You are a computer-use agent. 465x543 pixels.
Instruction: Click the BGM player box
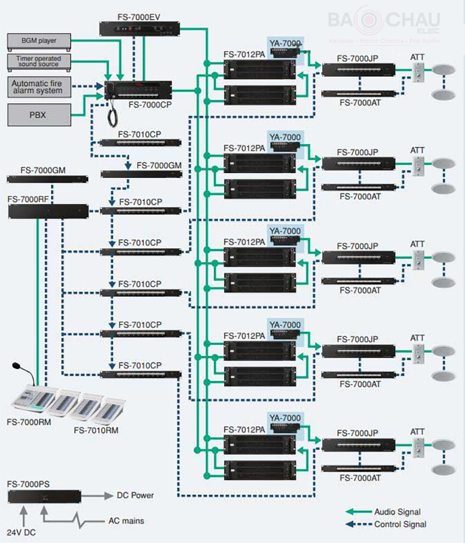[x=39, y=41]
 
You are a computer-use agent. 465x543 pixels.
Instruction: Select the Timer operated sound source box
[x=39, y=62]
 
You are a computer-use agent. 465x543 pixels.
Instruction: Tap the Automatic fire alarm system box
[x=39, y=87]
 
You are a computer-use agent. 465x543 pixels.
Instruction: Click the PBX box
[x=39, y=115]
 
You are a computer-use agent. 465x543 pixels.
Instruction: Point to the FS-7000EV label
[x=139, y=17]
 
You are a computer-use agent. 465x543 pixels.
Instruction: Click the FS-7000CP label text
[x=150, y=104]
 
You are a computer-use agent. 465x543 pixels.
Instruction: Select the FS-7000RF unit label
[x=28, y=199]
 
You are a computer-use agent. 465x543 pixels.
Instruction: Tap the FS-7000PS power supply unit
[x=44, y=496]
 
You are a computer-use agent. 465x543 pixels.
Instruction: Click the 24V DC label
[x=21, y=533]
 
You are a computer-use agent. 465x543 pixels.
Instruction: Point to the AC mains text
[x=126, y=520]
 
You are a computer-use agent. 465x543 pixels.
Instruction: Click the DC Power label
[x=135, y=495]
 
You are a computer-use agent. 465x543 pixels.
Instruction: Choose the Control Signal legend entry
[x=386, y=524]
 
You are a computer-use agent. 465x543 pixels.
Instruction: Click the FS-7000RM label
[x=28, y=422]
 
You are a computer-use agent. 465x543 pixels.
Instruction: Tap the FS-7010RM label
[x=96, y=430]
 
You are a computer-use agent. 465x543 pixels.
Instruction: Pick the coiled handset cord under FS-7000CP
[x=112, y=114]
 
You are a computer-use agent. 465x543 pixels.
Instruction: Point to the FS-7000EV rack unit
[x=139, y=28]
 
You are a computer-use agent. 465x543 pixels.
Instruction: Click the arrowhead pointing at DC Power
[x=109, y=496]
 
